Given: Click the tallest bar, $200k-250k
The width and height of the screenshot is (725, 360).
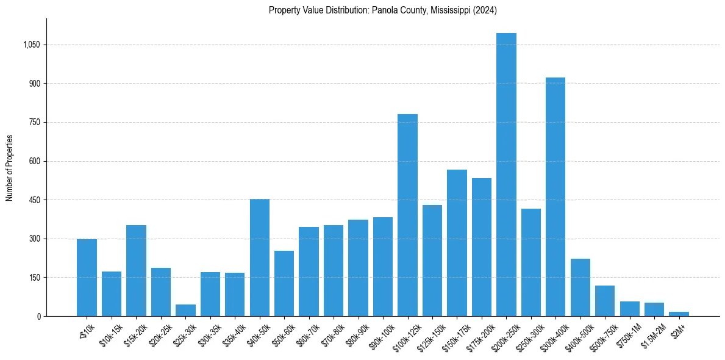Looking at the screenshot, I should click(x=506, y=175).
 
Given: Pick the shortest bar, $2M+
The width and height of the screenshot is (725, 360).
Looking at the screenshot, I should click(x=679, y=314).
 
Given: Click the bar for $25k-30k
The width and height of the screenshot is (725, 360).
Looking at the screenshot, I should click(x=185, y=310).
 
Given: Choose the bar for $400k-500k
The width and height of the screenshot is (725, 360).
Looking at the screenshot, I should click(x=580, y=287).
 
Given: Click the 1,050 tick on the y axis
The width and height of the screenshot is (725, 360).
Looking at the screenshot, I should click(x=31, y=45).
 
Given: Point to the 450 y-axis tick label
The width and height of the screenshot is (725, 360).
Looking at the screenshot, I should click(x=35, y=200).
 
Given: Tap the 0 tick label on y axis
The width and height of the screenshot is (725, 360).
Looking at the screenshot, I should click(x=38, y=316).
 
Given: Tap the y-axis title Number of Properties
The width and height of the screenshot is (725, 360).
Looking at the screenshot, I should click(x=9, y=167).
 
